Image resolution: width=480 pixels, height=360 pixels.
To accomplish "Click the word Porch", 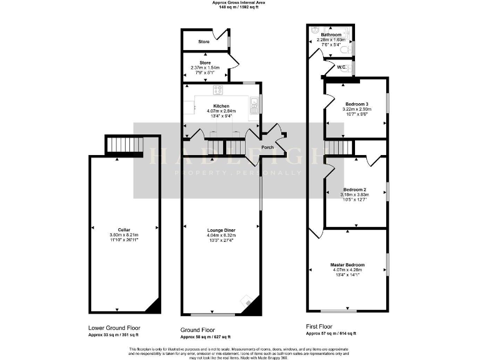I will coord(267,147).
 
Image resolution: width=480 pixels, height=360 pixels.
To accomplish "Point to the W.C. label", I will coord(342,67).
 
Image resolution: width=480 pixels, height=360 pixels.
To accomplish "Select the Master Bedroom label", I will coord(347,264).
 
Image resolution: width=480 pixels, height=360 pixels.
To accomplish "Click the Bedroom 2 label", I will coord(354,189).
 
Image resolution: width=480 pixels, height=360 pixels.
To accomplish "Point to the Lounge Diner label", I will coord(221,231).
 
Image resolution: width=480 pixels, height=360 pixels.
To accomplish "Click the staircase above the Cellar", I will coord(123,145).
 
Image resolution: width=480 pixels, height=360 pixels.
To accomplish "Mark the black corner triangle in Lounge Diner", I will coord(251,306).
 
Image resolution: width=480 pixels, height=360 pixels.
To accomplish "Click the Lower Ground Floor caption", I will coord(114,327).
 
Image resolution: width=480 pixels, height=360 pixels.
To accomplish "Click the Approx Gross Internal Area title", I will coord(238,3).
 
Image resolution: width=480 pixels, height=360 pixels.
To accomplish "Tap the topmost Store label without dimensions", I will coord(204,42).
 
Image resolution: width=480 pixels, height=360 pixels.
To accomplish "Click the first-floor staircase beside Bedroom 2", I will coord(339,147).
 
